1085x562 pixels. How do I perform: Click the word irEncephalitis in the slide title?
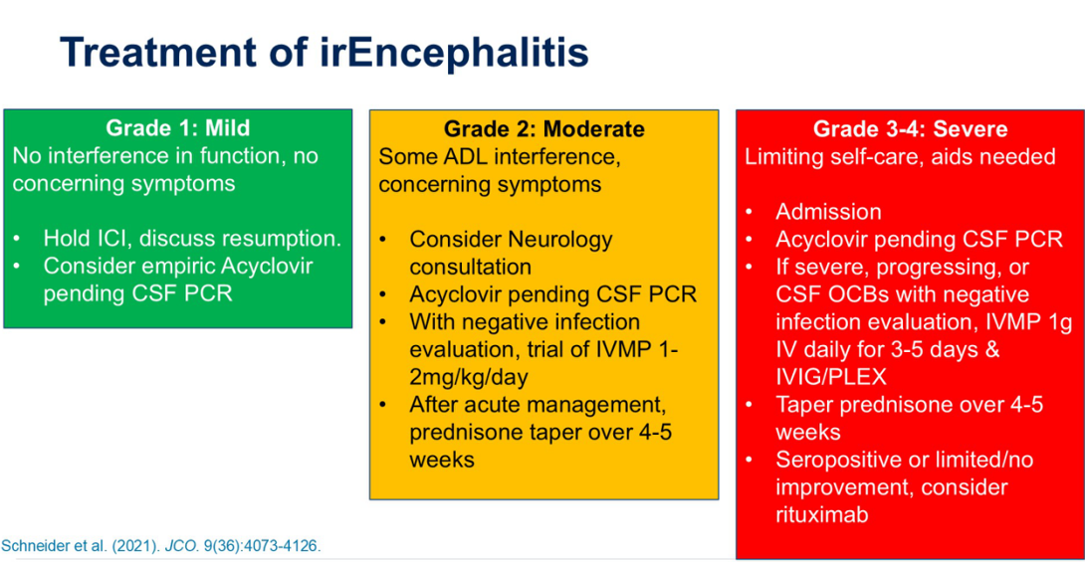pos(454,53)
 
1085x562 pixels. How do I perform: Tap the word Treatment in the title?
pos(158,52)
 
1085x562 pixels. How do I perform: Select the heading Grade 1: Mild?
pos(178,128)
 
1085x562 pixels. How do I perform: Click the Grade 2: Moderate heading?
pos(543,128)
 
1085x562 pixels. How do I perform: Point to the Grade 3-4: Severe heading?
pos(910,128)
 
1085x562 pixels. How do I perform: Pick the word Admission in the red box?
pos(828,212)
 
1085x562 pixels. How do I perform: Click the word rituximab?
pos(821,515)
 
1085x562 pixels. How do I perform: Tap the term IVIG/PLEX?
pos(831,377)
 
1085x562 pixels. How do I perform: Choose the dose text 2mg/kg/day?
pos(469,378)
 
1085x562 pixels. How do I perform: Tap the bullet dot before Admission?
pos(750,212)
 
